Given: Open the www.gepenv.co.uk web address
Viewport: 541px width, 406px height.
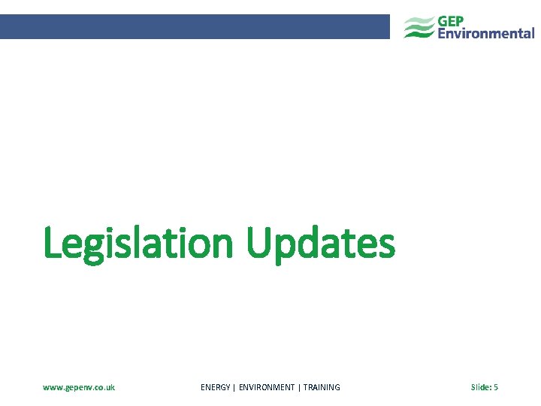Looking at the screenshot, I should coord(79,387).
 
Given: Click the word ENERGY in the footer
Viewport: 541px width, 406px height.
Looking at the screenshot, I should coord(216,387).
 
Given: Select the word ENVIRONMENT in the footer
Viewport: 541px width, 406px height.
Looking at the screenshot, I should coord(267,387).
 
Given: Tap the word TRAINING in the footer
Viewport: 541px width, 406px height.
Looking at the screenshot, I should coord(322,387).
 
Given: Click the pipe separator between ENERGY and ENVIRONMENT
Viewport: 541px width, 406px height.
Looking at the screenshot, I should coord(234,387).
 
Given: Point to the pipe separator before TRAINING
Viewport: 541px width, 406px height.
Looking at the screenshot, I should coord(299,387).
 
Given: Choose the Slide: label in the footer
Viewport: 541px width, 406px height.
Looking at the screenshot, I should coord(480,387).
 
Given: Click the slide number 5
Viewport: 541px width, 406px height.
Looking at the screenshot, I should coord(496,387).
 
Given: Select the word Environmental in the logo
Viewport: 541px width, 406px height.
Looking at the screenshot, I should coord(486,33).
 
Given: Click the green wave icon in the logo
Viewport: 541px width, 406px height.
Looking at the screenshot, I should coord(419,27).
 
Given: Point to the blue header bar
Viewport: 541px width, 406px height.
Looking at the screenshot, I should coord(195,26).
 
